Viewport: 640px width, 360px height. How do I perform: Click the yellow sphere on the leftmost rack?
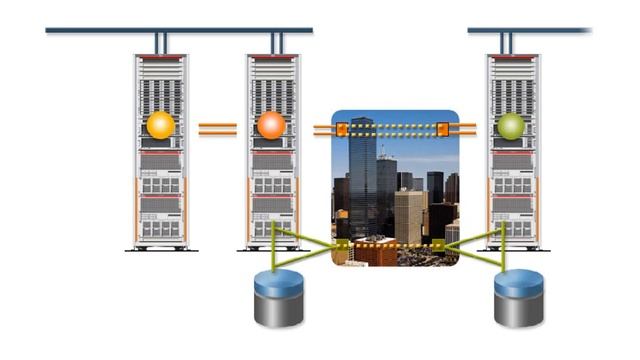[160, 126]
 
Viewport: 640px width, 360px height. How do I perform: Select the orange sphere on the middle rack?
[271, 126]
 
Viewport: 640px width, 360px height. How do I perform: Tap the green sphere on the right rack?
[511, 126]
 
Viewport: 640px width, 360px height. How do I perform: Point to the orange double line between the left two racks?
[216, 128]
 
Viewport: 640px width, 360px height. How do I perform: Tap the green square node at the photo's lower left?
[342, 244]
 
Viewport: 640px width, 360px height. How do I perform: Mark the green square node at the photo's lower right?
[438, 244]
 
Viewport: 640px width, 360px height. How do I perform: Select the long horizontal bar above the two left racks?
[179, 31]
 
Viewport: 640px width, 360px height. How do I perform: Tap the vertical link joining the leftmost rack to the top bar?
[160, 43]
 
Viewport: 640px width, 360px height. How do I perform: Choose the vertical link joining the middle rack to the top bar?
[277, 43]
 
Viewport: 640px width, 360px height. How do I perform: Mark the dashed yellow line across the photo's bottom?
[395, 244]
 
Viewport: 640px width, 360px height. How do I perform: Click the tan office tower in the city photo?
[408, 215]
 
